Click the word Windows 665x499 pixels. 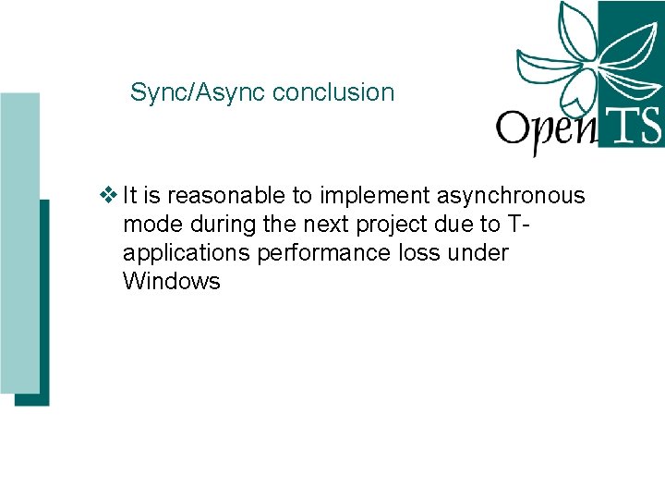point(171,282)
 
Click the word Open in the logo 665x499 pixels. point(545,130)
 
